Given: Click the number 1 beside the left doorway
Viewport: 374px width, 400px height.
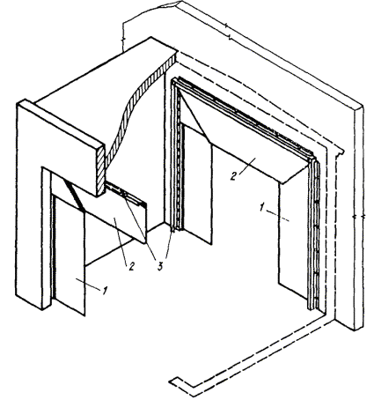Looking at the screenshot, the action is tap(103, 291).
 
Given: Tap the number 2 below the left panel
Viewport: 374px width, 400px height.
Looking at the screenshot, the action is tap(131, 266).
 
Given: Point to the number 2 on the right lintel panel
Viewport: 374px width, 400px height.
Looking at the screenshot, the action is tap(233, 176).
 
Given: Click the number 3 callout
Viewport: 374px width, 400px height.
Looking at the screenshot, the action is tap(160, 267).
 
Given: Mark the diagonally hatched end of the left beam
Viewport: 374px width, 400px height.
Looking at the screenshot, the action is tap(100, 170).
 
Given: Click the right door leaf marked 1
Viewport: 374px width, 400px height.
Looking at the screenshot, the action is tap(293, 244).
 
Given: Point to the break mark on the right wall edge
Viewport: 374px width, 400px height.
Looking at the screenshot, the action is tap(358, 217).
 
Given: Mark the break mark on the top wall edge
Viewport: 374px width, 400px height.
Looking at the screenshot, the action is tap(227, 32).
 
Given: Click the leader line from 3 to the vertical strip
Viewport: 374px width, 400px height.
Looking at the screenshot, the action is tap(170, 244).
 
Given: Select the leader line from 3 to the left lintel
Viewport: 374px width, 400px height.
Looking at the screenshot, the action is tap(140, 227).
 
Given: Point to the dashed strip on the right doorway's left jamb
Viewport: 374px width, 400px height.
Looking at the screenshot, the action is tap(177, 156).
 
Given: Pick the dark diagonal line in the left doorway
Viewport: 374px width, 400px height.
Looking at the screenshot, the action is tap(74, 196).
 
